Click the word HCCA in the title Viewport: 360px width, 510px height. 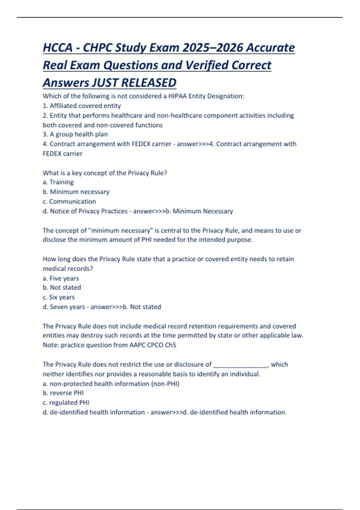(58, 48)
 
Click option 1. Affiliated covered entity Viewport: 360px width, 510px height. (82, 106)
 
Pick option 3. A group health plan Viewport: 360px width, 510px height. (75, 134)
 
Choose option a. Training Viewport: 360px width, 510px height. (58, 182)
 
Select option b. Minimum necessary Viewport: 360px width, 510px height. (76, 192)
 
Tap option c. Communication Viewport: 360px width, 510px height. (69, 201)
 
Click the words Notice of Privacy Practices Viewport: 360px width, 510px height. (89, 211)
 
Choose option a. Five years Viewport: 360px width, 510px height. (61, 278)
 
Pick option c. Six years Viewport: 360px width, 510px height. (58, 297)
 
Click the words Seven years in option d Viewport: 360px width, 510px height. (67, 307)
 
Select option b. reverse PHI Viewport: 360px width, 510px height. (63, 393)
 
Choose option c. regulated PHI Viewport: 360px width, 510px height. (66, 402)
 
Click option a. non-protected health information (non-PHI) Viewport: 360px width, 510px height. (111, 383)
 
